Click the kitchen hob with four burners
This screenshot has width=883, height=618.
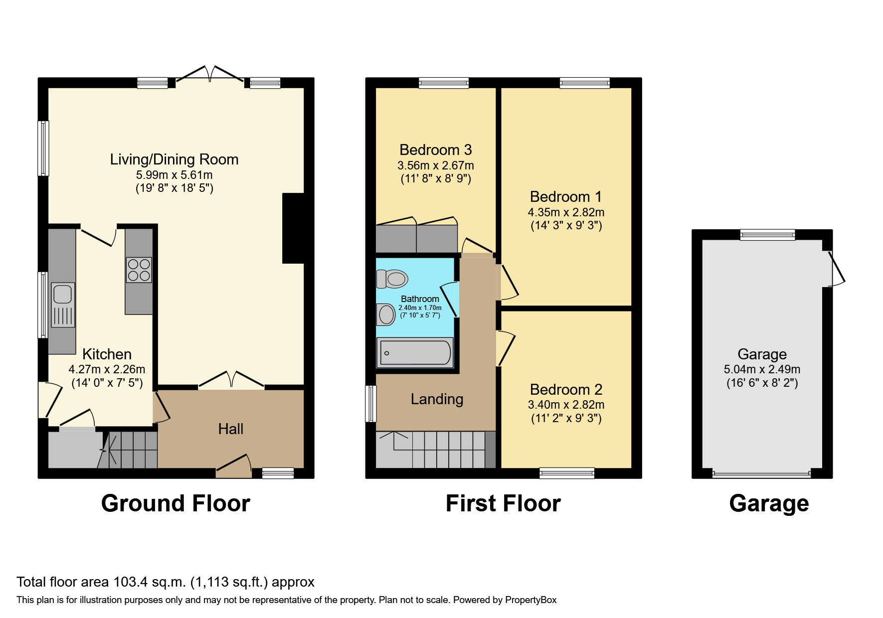click(139, 270)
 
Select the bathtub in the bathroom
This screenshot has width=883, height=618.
click(415, 353)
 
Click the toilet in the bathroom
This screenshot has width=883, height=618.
click(392, 279)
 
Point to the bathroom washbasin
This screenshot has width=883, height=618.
click(386, 314)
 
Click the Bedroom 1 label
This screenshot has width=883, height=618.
click(565, 196)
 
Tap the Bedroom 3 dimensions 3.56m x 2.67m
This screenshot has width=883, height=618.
click(435, 165)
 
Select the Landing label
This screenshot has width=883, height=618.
click(437, 399)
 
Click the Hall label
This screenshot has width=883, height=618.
click(230, 429)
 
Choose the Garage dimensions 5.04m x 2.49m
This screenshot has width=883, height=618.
click(762, 369)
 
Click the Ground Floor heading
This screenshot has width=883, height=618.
click(176, 503)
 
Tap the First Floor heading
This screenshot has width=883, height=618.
click(503, 503)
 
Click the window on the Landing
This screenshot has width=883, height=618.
click(371, 404)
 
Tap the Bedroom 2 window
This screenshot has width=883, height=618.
click(567, 472)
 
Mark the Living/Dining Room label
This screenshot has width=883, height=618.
click(174, 159)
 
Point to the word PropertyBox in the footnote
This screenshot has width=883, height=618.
click(530, 600)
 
